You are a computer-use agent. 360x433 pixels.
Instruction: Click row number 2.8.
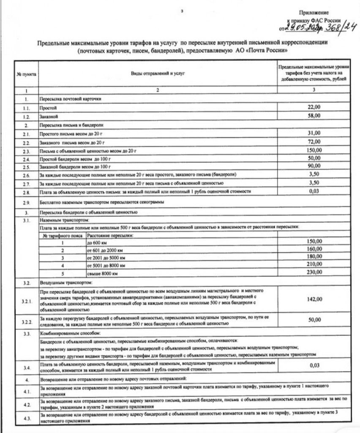click(x=26, y=192)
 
